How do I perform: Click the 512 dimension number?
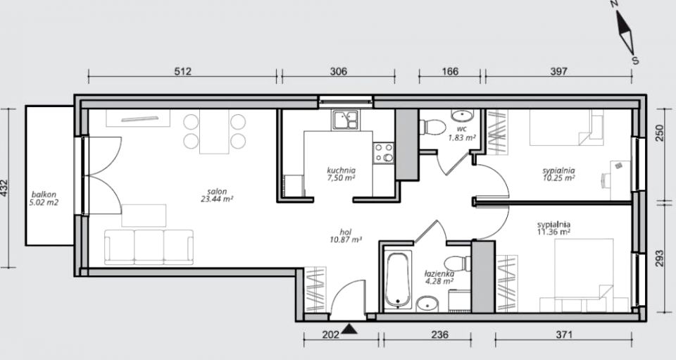(x=182, y=71)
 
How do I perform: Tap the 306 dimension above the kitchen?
(x=339, y=71)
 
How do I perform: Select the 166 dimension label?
(x=450, y=71)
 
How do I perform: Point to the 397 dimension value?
(x=558, y=71)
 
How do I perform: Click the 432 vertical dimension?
(x=5, y=188)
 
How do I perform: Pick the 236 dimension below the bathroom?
(x=439, y=335)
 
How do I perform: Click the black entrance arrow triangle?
(x=350, y=330)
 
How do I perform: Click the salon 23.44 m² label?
(x=217, y=195)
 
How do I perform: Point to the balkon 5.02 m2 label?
(x=44, y=199)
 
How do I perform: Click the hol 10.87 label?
(x=345, y=236)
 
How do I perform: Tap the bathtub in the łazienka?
(x=397, y=280)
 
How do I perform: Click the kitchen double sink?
(x=345, y=120)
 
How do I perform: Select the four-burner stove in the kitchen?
(x=383, y=153)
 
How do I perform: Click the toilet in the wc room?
(x=432, y=128)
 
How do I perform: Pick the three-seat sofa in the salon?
(x=149, y=247)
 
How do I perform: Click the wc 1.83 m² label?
(x=462, y=134)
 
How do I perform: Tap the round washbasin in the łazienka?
(x=427, y=304)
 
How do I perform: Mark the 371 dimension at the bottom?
(x=563, y=335)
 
